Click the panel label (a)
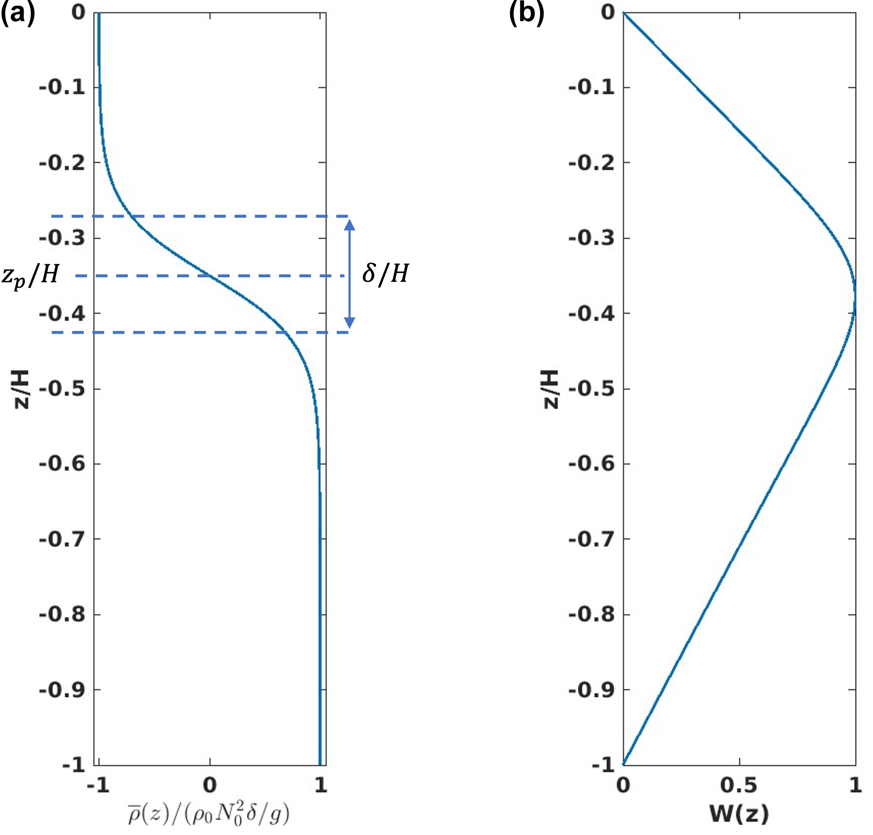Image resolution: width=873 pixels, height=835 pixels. (x=18, y=14)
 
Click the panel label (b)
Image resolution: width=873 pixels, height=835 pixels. (x=527, y=14)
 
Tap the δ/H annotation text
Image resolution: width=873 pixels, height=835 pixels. (x=385, y=273)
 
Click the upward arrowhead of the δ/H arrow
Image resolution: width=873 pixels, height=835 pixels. (x=350, y=224)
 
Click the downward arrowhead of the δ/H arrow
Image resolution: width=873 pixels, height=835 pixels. (x=350, y=322)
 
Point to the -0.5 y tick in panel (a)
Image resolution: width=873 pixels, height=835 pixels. (x=62, y=389)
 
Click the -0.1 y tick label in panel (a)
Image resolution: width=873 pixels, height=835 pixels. (x=62, y=87)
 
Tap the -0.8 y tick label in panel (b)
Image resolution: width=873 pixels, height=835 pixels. (x=591, y=614)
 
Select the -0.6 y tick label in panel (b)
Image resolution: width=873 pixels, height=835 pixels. (x=591, y=464)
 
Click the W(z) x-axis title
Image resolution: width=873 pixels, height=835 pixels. (x=739, y=813)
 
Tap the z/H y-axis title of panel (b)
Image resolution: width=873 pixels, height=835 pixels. (x=551, y=389)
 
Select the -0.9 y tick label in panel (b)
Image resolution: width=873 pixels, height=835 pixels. (x=591, y=690)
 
